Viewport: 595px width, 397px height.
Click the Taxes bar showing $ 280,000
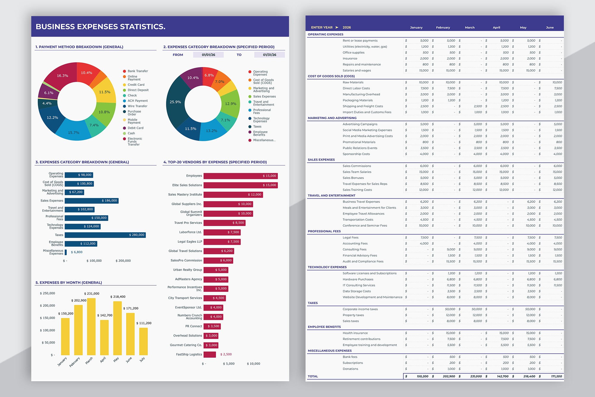point(105,235)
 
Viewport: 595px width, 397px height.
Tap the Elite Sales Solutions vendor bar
point(240,185)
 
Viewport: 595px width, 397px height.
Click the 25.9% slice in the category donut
point(175,102)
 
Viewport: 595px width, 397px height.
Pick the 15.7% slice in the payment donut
point(73,133)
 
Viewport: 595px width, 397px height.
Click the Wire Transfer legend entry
point(137,106)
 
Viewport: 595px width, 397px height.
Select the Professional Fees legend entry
point(262,111)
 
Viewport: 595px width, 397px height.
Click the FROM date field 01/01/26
point(208,55)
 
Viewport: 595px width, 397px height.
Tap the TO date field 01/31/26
point(269,55)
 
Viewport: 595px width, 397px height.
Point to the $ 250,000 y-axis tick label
point(48,293)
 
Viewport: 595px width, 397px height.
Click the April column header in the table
point(496,27)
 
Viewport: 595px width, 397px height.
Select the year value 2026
point(347,27)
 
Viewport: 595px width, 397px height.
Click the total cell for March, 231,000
point(476,376)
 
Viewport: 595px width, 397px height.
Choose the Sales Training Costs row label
point(357,190)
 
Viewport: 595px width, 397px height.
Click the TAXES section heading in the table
point(313,303)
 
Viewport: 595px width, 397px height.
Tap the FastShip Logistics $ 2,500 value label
point(226,354)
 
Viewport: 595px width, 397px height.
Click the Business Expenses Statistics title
point(101,27)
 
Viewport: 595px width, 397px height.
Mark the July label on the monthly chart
point(142,359)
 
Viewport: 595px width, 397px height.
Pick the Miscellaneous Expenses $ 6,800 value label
point(77,252)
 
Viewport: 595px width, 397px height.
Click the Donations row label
point(350,369)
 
